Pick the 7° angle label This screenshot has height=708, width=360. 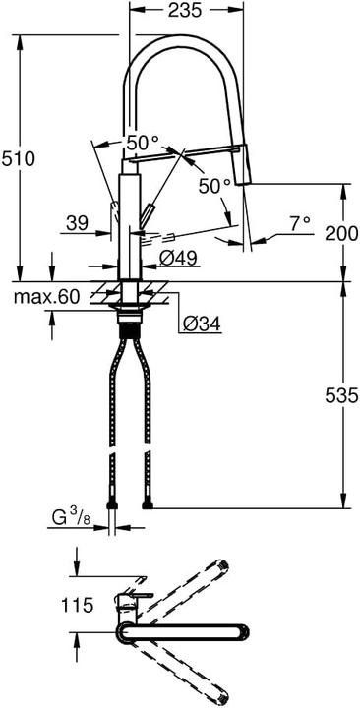[299, 225]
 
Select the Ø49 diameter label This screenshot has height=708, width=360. [179, 259]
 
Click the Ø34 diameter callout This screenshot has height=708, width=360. [201, 322]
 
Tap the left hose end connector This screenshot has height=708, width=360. [115, 505]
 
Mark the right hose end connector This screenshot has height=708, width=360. [147, 505]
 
